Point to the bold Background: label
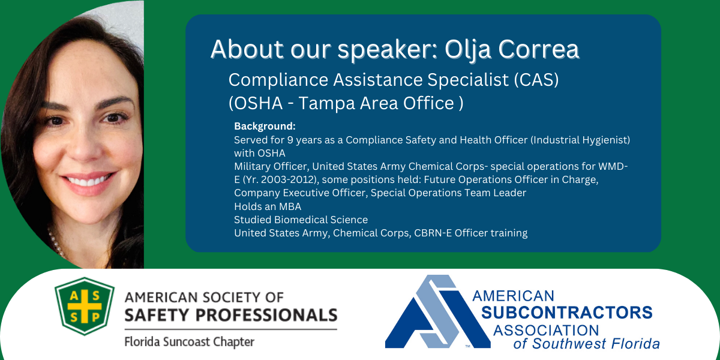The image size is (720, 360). pyautogui.click(x=265, y=127)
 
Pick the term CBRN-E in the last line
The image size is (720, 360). pyautogui.click(x=431, y=233)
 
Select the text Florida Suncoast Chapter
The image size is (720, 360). pyautogui.click(x=189, y=342)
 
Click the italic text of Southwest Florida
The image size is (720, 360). pyautogui.click(x=586, y=344)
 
